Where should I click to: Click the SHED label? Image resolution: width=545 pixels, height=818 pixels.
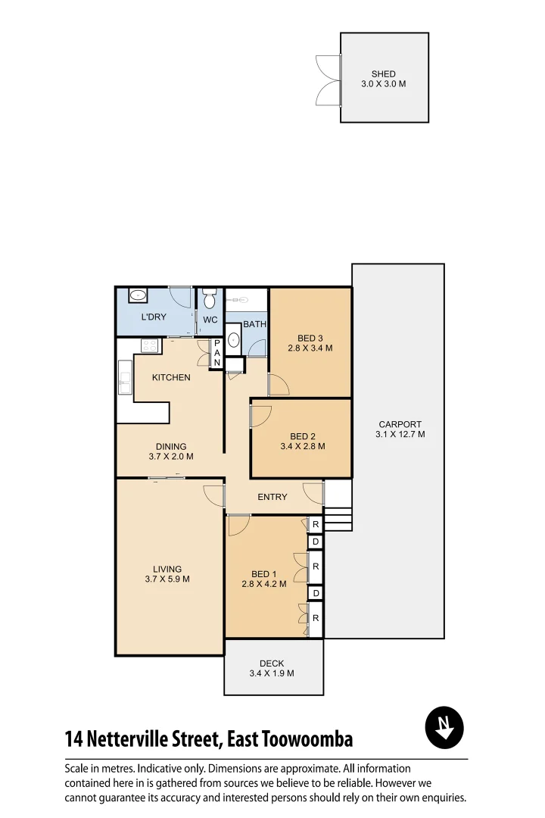point(383,74)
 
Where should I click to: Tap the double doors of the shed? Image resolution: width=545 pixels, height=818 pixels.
point(329,78)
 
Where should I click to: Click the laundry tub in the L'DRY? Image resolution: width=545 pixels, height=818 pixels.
point(138,296)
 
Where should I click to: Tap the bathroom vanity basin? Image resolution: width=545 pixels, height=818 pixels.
point(233,342)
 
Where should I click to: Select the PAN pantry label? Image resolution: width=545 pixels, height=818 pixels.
point(216,354)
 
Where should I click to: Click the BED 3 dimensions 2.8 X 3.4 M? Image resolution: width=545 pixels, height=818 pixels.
point(310,348)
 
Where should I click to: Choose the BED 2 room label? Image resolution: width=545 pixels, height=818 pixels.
point(302,436)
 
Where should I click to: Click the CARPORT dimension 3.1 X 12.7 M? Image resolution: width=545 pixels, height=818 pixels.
point(400,435)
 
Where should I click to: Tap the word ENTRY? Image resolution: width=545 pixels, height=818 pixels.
point(272,497)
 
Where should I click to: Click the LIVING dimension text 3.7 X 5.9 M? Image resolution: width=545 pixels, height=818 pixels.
point(167,579)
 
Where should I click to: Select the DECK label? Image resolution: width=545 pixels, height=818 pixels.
point(271,663)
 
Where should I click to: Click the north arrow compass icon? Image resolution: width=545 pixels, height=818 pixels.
point(444,728)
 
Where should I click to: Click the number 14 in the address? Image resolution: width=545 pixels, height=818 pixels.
point(74,738)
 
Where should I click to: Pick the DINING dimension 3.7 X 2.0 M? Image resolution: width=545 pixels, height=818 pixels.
point(170,457)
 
